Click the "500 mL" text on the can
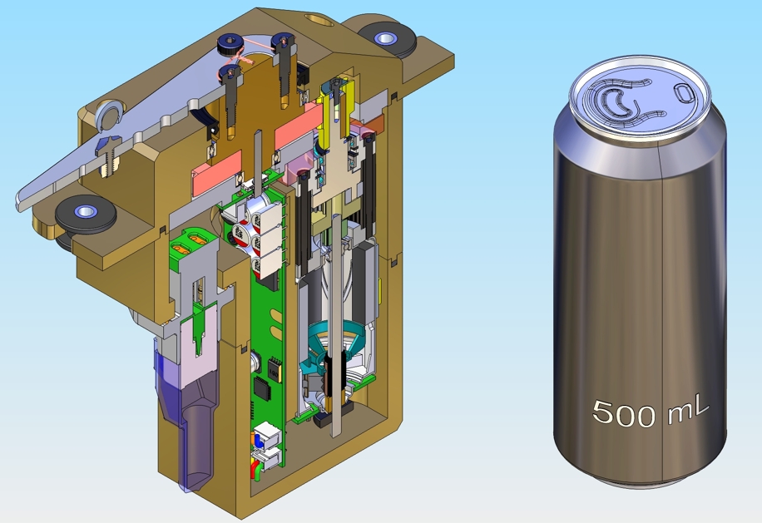(x=650, y=411)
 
